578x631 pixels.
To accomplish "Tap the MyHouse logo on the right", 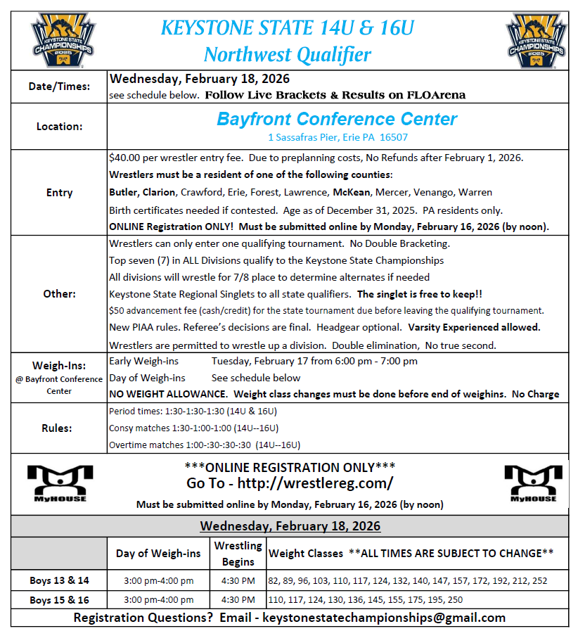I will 531,483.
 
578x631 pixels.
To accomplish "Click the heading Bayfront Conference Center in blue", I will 337,119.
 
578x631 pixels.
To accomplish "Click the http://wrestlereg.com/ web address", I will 315,483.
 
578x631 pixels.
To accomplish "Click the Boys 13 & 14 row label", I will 59,581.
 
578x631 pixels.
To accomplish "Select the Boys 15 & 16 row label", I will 59,599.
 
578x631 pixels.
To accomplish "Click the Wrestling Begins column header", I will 238,553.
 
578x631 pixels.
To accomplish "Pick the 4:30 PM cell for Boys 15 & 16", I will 238,599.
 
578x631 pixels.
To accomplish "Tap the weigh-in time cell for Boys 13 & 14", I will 158,581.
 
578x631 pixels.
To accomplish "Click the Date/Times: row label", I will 59,87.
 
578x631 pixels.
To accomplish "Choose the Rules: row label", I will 59,427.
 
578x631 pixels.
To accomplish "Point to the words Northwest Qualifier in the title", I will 287,54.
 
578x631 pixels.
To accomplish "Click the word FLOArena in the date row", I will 439,95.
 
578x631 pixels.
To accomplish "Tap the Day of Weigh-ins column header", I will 158,554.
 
